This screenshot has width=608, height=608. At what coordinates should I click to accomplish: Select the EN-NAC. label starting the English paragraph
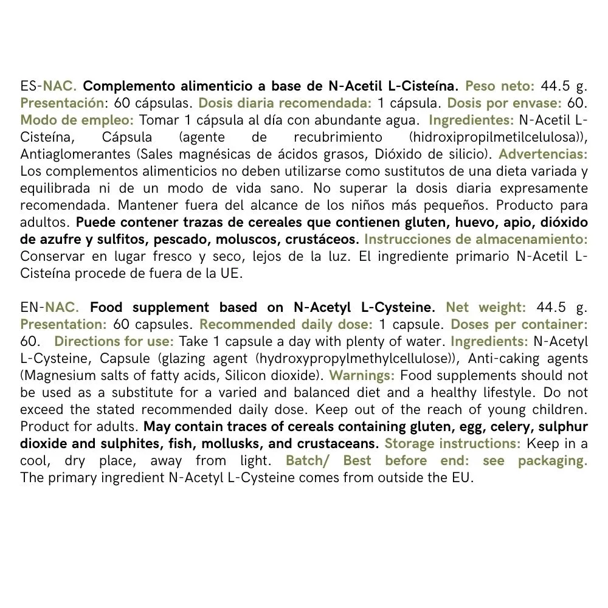49,307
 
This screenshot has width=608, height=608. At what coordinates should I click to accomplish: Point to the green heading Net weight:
486,307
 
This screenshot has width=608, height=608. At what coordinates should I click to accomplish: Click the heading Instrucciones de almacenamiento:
475,239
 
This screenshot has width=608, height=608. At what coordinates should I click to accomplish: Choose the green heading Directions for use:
114,341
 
